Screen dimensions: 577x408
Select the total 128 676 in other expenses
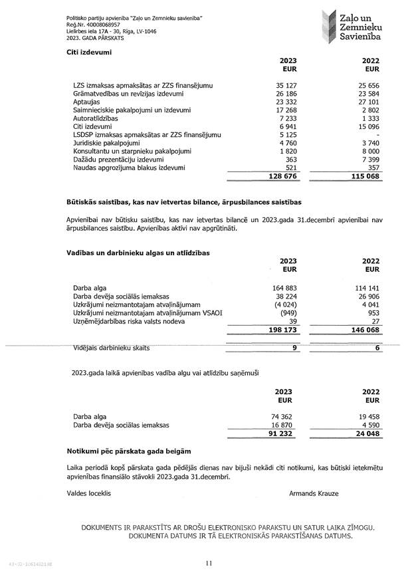click(x=282, y=177)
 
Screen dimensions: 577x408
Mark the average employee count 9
click(x=294, y=348)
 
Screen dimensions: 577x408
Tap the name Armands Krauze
click(x=314, y=493)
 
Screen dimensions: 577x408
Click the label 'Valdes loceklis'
click(x=89, y=493)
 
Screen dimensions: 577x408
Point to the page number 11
click(x=209, y=564)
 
